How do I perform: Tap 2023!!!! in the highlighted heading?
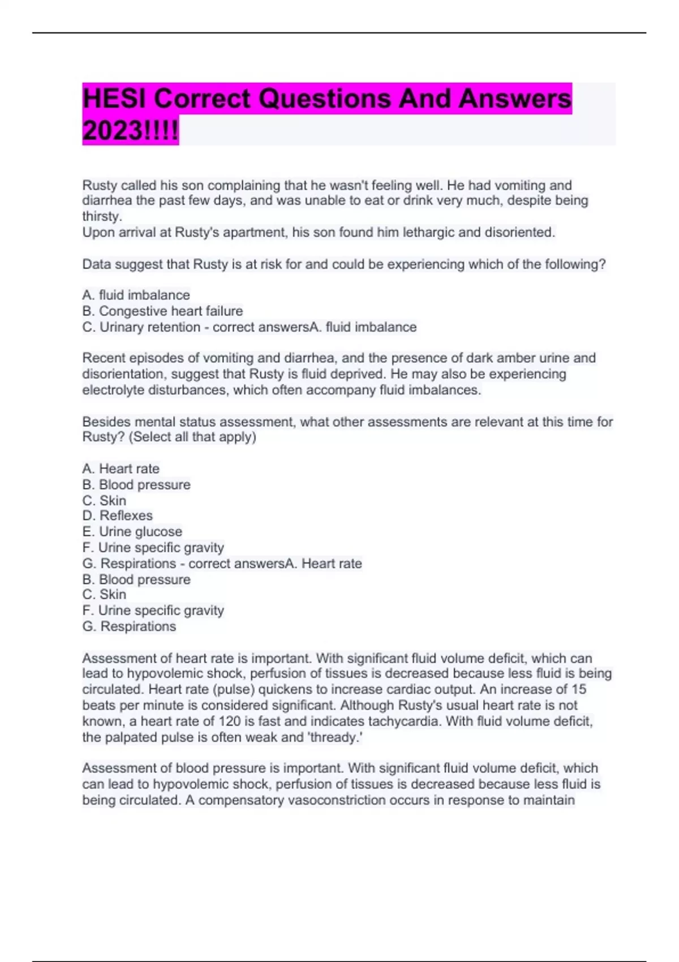coord(130,131)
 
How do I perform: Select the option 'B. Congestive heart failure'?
coord(162,311)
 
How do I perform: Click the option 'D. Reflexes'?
coord(117,516)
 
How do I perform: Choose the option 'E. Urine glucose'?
coord(132,531)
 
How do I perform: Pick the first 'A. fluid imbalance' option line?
coord(136,295)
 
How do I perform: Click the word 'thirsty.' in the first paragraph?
coord(102,216)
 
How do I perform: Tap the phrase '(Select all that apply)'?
coord(192,437)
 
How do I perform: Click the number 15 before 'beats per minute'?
coord(579,689)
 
